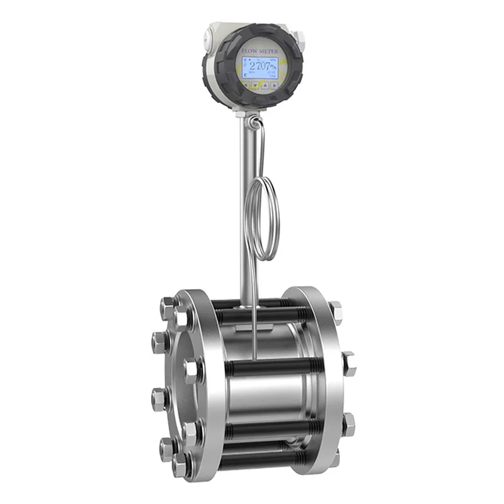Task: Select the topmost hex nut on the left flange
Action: click(x=168, y=308)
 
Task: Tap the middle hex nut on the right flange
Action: click(x=348, y=364)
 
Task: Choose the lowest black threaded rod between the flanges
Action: click(x=265, y=450)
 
